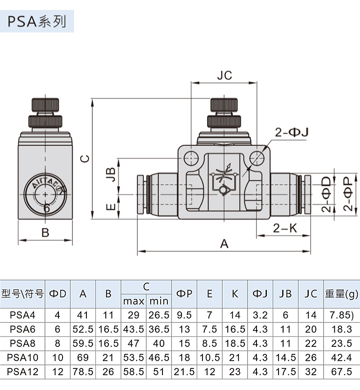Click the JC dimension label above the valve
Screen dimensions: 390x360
pyautogui.click(x=224, y=75)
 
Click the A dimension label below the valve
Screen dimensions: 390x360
pyautogui.click(x=224, y=243)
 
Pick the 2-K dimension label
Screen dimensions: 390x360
pyautogui.click(x=285, y=228)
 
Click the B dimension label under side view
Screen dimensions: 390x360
pyautogui.click(x=45, y=233)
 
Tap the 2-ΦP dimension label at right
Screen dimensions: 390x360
pyautogui.click(x=347, y=193)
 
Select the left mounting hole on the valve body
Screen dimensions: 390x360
pyautogui.click(x=191, y=157)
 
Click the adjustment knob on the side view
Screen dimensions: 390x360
pyautogui.click(x=45, y=106)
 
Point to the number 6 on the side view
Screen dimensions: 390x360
pyautogui.click(x=46, y=208)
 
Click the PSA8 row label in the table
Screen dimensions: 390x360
pyautogui.click(x=22, y=344)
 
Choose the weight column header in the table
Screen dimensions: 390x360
pyautogui.click(x=342, y=294)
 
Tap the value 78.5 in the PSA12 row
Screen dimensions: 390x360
pyautogui.click(x=83, y=372)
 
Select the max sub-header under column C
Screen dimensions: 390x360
pyautogui.click(x=134, y=300)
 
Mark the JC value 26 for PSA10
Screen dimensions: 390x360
pyautogui.click(x=310, y=358)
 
